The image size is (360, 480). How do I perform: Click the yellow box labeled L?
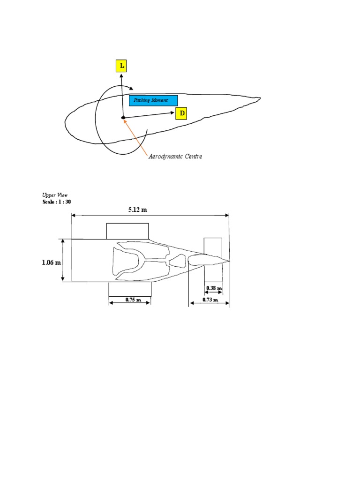tap(121, 66)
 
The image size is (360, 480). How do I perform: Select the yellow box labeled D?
tap(181, 113)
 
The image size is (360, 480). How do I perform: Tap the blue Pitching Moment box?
tap(153, 100)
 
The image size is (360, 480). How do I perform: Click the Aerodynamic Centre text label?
tap(175, 157)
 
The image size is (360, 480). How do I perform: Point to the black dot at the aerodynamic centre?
tap(122, 118)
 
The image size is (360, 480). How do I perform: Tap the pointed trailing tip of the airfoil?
tap(259, 98)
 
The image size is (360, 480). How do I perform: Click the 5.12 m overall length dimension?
tap(137, 209)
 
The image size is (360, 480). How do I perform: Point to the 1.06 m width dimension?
tap(52, 262)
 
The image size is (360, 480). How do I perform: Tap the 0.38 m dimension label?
tap(214, 288)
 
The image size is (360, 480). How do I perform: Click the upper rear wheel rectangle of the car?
tap(127, 231)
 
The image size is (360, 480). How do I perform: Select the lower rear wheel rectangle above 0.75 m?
tap(130, 289)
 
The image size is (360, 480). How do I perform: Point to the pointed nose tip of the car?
tap(229, 261)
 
